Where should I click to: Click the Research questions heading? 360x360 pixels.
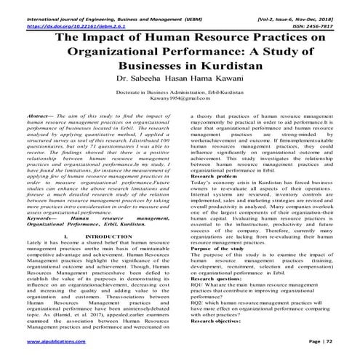point(217,304)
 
